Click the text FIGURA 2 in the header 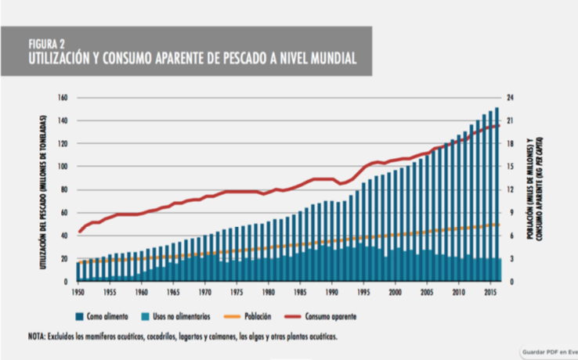pyautogui.click(x=48, y=44)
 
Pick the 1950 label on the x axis pyautogui.click(x=76, y=291)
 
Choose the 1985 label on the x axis pyautogui.click(x=299, y=291)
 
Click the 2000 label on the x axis pyautogui.click(x=396, y=291)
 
